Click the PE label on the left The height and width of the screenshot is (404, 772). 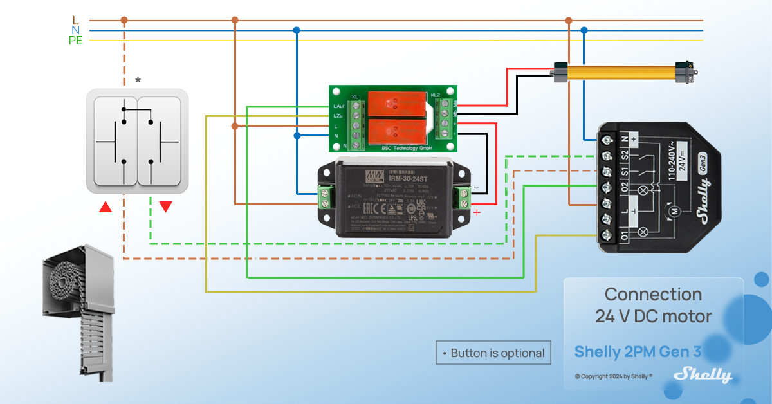(76, 41)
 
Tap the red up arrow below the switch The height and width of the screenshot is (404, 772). (106, 207)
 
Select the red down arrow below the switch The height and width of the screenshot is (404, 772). (165, 207)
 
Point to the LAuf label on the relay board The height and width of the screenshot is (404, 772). (338, 106)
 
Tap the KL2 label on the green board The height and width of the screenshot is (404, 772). (436, 95)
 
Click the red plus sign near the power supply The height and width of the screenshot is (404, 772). (477, 212)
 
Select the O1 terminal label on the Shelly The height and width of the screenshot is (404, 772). (623, 235)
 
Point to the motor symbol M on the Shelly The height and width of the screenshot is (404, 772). (675, 210)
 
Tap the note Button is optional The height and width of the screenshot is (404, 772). (493, 353)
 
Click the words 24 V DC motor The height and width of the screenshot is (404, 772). (653, 316)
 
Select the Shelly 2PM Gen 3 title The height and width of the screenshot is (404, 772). (637, 352)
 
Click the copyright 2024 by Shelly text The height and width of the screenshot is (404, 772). (614, 376)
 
